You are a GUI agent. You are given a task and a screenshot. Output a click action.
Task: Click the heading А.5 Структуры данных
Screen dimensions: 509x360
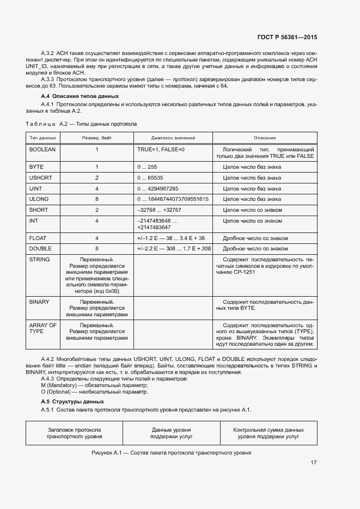pyautogui.click(x=69, y=401)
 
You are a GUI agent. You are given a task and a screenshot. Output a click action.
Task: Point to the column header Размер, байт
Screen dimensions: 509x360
pyautogui.click(x=97, y=138)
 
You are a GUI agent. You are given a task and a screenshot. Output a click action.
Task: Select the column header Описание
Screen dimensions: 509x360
pyautogui.click(x=265, y=138)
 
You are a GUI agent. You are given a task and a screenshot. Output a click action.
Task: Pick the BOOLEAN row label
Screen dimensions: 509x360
pyautogui.click(x=42, y=149)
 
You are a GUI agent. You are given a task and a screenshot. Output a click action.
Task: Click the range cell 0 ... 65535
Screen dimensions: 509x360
pyautogui.click(x=150, y=177)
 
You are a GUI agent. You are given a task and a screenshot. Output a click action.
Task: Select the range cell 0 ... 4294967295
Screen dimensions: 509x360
pyautogui.click(x=158, y=188)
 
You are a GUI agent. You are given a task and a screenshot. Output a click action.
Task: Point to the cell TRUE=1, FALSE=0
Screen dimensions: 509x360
pyautogui.click(x=161, y=149)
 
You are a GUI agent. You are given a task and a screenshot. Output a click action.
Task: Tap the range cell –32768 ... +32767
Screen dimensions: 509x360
pyautogui.click(x=160, y=210)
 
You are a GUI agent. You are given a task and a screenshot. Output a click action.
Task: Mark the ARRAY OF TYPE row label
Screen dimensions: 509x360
pyautogui.click(x=42, y=328)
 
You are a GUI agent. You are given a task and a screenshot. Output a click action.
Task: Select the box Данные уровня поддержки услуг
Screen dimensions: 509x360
pyautogui.click(x=170, y=433)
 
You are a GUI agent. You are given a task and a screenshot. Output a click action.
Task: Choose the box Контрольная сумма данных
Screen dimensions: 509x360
pyautogui.click(x=268, y=433)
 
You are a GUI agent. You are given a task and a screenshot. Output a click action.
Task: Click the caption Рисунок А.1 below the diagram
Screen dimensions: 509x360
pyautogui.click(x=171, y=453)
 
